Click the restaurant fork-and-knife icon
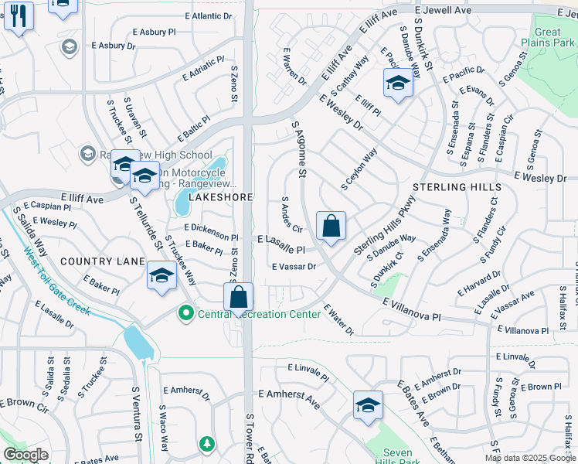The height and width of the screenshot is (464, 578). click(x=19, y=15)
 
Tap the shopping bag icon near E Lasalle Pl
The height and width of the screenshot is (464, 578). click(x=331, y=227)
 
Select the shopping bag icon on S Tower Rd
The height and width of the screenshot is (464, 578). click(x=239, y=296)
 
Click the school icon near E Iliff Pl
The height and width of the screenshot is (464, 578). click(x=398, y=83)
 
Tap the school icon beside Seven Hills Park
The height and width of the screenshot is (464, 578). click(x=368, y=405)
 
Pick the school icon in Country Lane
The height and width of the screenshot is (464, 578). click(x=161, y=275)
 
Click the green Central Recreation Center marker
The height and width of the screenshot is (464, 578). click(x=185, y=314)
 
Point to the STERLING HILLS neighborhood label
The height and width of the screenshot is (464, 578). click(x=457, y=187)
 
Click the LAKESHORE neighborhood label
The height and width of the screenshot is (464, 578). click(x=221, y=197)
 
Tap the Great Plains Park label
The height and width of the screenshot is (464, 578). click(x=548, y=38)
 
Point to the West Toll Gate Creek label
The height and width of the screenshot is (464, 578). click(x=56, y=281)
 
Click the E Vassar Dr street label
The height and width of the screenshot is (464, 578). click(x=294, y=266)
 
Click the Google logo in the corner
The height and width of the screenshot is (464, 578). click(x=25, y=455)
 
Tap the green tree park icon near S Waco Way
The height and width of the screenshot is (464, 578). click(x=206, y=444)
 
